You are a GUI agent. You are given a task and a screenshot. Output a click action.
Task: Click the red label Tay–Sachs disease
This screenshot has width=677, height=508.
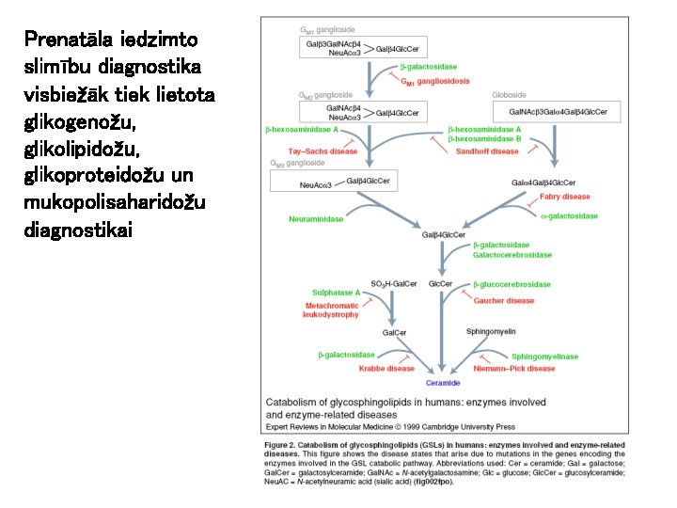coord(323,151)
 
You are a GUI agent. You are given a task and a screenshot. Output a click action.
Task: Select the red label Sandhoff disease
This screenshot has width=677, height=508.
coord(487,151)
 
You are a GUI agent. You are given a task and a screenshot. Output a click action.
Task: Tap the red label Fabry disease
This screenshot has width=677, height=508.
coord(564,197)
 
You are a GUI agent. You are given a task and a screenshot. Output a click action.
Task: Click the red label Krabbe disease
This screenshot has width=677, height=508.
coord(386,369)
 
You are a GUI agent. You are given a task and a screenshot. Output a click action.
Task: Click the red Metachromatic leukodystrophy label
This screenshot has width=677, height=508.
coord(330,310)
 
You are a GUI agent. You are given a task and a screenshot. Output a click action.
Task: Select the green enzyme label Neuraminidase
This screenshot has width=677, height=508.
coord(316,219)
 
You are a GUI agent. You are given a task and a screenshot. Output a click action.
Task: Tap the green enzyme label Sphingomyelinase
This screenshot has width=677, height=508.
coord(544,357)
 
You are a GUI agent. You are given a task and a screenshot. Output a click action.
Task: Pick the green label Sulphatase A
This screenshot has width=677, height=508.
coord(323,293)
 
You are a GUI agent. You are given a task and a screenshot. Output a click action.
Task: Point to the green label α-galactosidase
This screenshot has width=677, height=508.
coord(569,216)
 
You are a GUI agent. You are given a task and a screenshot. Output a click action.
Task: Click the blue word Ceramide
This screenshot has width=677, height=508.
coord(443,383)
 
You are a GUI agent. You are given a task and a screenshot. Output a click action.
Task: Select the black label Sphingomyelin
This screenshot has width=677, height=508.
coord(491,331)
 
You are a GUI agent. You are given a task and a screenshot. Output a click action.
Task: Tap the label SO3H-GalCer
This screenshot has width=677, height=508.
coord(394,283)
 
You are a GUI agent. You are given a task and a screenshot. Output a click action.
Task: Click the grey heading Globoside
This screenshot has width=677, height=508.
coord(509,94)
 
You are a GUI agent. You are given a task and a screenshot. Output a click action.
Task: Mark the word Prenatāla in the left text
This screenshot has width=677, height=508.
coord(64,40)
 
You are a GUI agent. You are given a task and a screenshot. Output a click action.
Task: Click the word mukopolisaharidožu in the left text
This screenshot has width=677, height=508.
coord(97,203)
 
